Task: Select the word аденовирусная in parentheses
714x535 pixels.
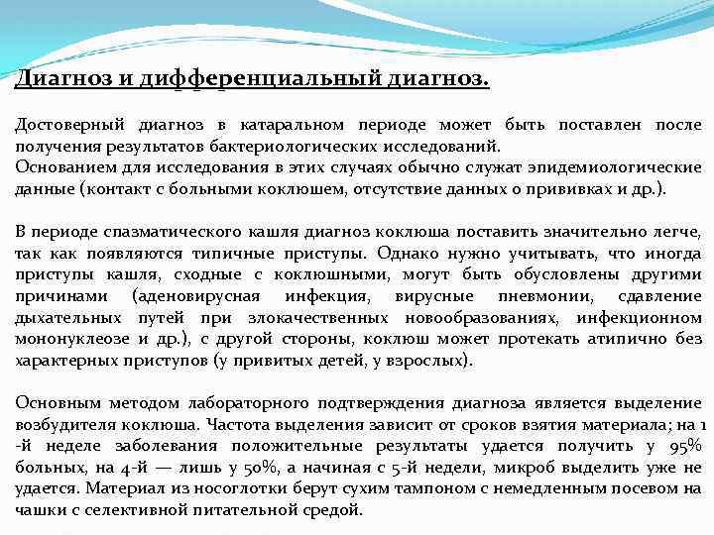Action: (x=196, y=296)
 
